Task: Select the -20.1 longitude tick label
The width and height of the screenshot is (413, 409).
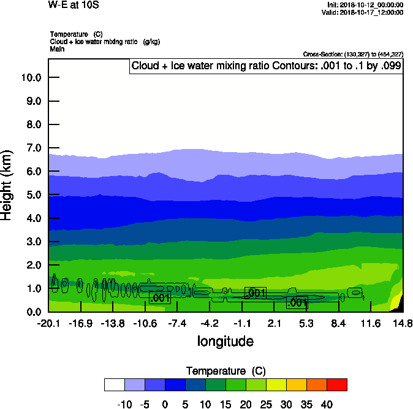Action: point(48,323)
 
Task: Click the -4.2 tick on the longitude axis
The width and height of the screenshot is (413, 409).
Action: point(210,323)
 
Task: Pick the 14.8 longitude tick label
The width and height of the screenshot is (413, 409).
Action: point(403,323)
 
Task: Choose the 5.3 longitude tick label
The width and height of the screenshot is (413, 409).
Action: point(306,323)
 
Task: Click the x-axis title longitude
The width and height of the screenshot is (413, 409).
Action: point(225,341)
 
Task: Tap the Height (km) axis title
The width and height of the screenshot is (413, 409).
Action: point(7,185)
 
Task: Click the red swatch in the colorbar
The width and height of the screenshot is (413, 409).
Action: point(336,384)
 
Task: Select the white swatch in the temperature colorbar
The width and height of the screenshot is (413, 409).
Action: point(114,384)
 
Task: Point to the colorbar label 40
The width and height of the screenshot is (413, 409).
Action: point(326,404)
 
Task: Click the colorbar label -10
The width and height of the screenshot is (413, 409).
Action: point(124,404)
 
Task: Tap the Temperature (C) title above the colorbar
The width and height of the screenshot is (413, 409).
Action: point(225,371)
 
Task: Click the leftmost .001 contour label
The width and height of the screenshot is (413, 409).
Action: point(160,298)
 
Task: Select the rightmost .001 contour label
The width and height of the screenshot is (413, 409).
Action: point(297,302)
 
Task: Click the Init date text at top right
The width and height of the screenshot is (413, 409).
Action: point(365,5)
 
